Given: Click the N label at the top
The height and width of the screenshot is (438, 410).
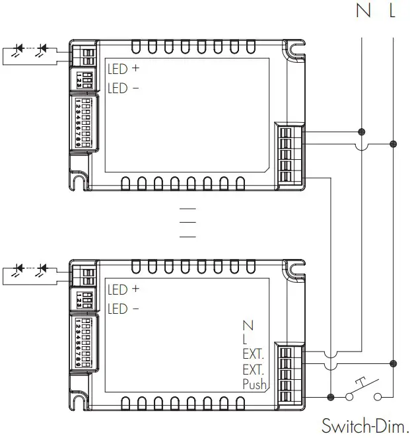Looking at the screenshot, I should (362, 12).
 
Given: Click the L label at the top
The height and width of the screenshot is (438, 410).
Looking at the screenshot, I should (393, 12).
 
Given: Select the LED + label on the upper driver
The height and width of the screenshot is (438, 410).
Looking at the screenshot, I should (123, 69).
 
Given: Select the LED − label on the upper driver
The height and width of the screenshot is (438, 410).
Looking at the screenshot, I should (123, 89).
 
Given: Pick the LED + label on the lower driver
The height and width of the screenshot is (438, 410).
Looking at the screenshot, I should (123, 289).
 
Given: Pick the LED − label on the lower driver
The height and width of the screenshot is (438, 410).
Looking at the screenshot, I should (123, 309).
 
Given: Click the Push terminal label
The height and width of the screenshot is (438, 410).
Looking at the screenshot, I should (254, 384).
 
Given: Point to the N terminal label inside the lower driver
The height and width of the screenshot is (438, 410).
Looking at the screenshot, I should (248, 326).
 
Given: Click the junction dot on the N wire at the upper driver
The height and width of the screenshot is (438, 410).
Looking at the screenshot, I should (362, 131).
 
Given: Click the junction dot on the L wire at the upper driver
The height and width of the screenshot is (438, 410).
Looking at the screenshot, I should (393, 143).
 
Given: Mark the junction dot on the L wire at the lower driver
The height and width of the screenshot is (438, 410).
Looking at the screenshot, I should (393, 363).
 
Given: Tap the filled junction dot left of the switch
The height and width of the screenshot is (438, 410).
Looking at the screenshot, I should (329, 396).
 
